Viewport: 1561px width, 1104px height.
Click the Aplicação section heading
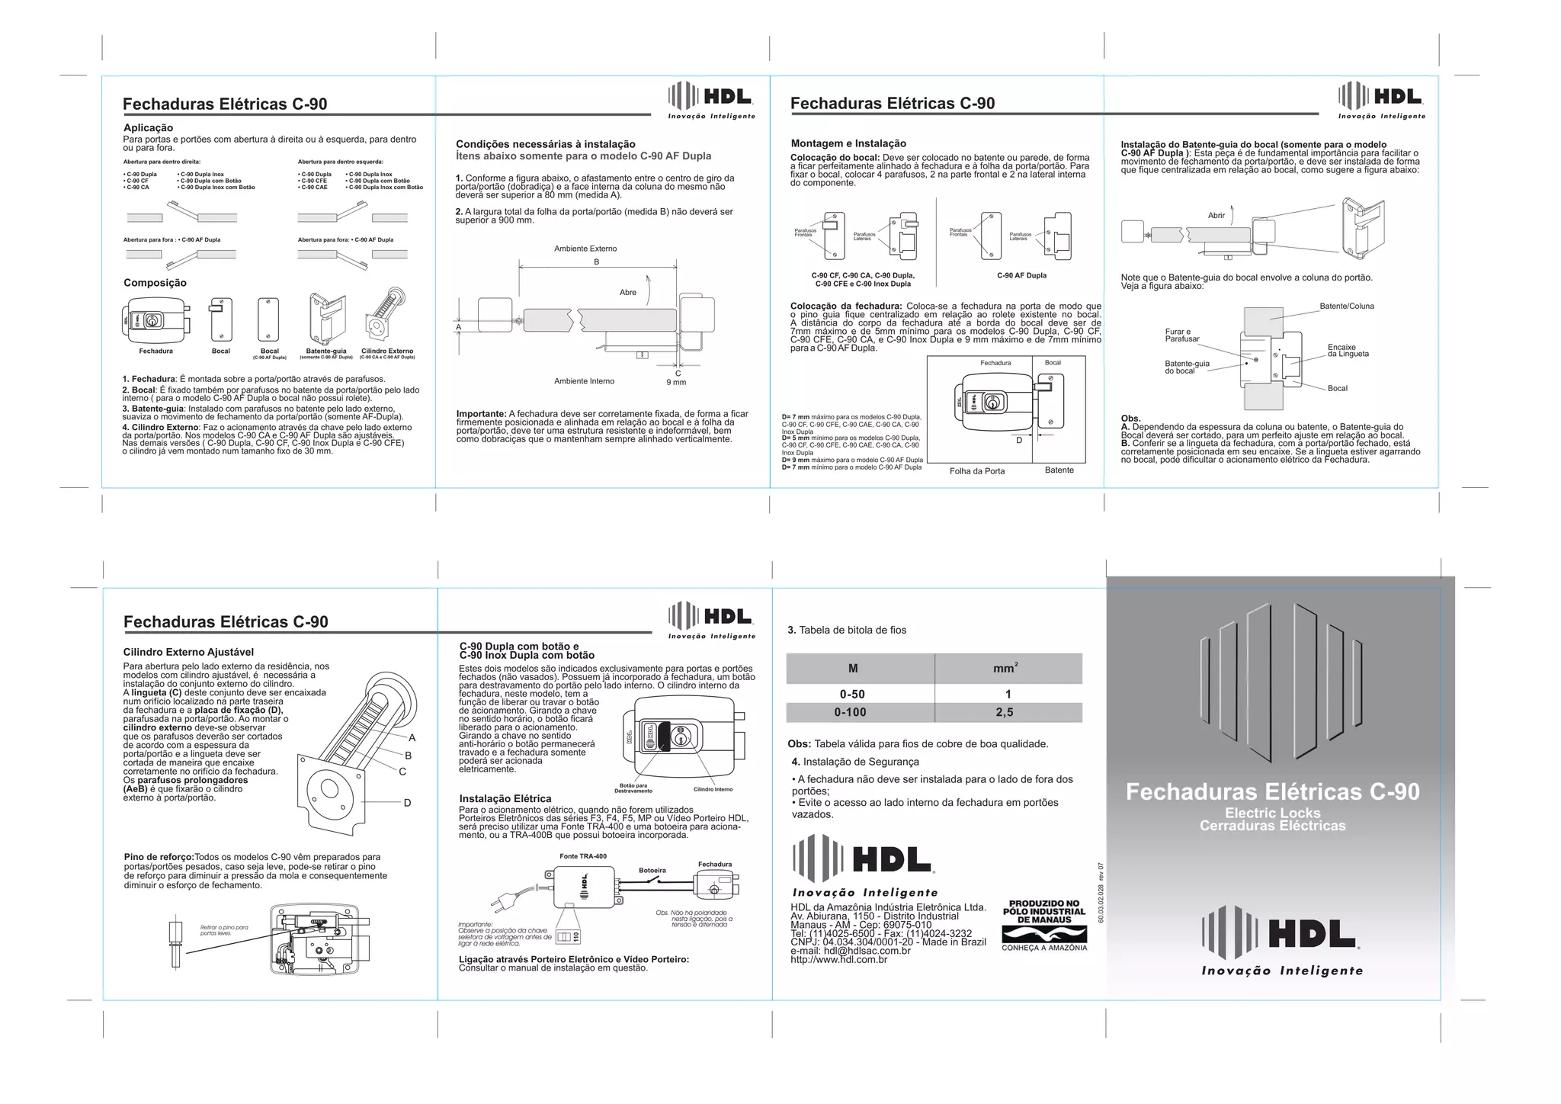[x=148, y=128]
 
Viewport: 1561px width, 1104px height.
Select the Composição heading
[x=155, y=283]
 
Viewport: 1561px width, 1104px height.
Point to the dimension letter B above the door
[x=597, y=262]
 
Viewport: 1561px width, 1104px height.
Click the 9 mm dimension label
[x=676, y=382]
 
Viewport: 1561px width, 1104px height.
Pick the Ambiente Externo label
[x=585, y=249]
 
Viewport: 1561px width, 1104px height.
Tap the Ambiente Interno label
[x=584, y=381]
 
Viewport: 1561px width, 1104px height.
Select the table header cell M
[x=853, y=669]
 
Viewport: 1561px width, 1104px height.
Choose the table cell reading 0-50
[x=852, y=695]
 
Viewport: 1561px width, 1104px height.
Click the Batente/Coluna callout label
[x=1347, y=306]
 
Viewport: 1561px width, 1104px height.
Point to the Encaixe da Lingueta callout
[x=1348, y=350]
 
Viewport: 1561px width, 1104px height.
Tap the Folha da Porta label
[x=976, y=471]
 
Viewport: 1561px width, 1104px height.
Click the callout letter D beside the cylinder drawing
[x=408, y=803]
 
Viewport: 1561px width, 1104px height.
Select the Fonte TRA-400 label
[x=583, y=856]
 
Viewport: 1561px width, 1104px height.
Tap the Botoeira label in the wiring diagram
[x=652, y=870]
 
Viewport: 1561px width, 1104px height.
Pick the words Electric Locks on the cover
[x=1272, y=813]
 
